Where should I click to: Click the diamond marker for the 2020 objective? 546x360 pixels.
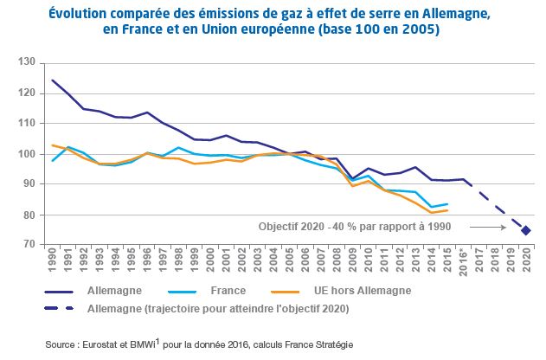coord(525,230)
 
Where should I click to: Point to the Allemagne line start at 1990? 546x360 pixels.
coord(54,80)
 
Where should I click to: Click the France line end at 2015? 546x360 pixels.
coord(446,204)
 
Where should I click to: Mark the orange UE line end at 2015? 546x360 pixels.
coord(446,210)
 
